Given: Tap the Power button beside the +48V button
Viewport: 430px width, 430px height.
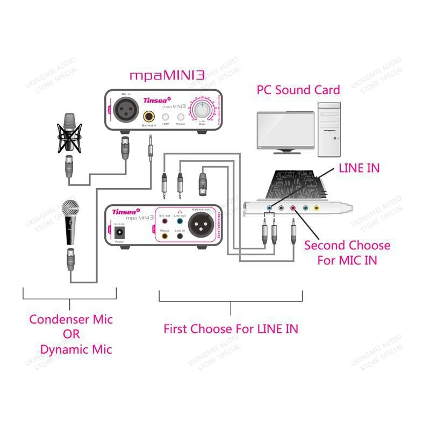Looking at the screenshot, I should coord(182,117).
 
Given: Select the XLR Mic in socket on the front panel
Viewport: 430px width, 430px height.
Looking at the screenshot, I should coord(125,111).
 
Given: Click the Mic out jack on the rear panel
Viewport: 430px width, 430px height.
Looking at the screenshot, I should coord(164,219).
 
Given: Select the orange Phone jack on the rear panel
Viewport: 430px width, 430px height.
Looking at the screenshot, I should coord(164,235).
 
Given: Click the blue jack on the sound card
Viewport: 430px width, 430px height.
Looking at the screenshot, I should coord(269,207).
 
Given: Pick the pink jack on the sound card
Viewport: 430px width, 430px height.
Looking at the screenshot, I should coord(293,207).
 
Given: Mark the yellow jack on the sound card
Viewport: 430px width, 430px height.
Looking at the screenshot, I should coord(317,207).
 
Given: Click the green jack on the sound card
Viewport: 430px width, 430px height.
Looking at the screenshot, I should coord(305,207).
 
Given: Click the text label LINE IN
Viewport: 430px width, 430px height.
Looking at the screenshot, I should coord(359,168).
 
